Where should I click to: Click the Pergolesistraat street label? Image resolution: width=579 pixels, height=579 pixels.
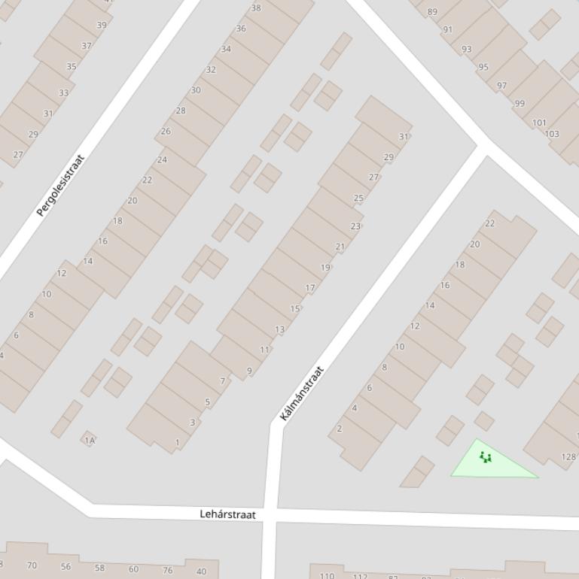[61, 186]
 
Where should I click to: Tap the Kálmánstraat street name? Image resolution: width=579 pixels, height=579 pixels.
[302, 393]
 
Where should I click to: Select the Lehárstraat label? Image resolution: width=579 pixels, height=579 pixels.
[227, 514]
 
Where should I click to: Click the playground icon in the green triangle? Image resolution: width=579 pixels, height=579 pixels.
[486, 456]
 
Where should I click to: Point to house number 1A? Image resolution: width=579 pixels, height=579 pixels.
[90, 441]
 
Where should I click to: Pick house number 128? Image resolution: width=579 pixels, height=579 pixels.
[568, 456]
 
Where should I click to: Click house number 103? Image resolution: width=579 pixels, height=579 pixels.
[552, 134]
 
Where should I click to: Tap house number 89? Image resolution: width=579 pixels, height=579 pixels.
[432, 11]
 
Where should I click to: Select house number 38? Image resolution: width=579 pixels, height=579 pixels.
[256, 8]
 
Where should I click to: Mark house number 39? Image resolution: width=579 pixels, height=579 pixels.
[102, 25]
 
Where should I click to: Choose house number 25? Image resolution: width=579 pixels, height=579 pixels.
[358, 199]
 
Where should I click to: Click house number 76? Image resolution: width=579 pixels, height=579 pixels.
[167, 570]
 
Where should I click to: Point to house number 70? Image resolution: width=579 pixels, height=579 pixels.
[32, 565]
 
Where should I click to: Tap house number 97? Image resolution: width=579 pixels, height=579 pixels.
[501, 85]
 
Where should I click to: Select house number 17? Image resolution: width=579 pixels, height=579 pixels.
[310, 288]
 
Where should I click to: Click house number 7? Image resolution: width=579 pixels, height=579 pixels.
[222, 381]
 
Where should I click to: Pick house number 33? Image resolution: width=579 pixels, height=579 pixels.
[63, 93]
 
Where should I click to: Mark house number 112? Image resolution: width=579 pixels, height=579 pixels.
[360, 577]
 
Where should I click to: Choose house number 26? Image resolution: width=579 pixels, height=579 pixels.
[166, 131]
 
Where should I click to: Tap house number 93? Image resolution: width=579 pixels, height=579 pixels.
[467, 49]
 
